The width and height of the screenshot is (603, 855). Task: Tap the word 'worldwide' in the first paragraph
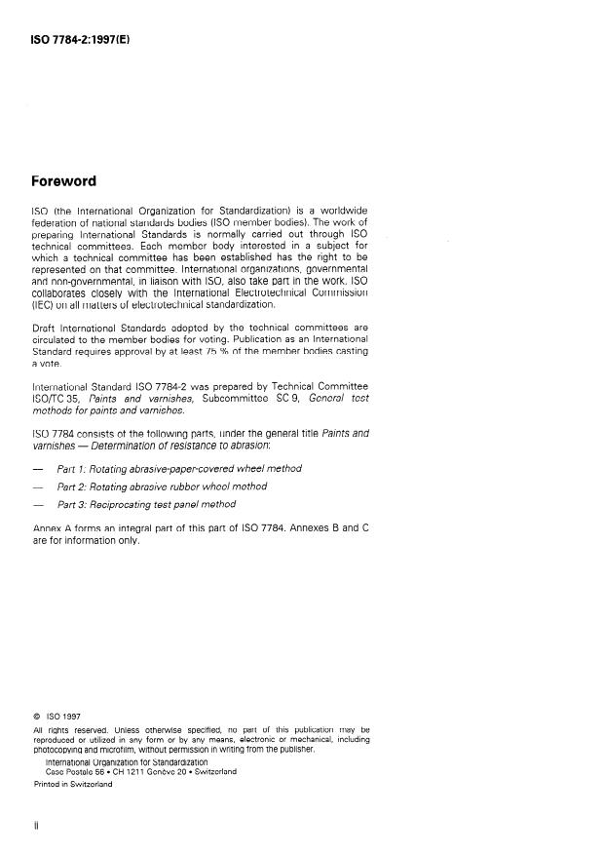click(339, 211)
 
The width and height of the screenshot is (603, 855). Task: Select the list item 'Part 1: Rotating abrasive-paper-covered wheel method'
click(179, 468)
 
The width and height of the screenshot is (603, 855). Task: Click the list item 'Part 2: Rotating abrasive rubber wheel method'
click(162, 486)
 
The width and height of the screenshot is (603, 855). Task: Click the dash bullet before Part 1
click(38, 469)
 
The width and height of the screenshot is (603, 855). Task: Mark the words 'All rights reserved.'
click(66, 729)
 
